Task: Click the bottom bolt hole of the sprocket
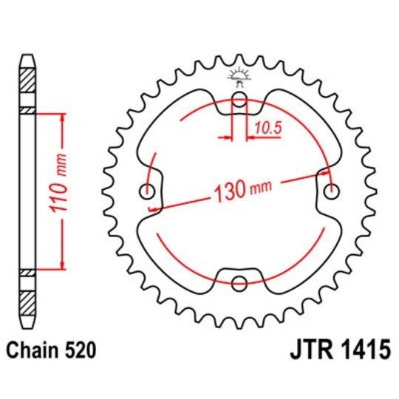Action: coord(239,282)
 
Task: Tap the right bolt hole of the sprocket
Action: coord(330,191)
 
